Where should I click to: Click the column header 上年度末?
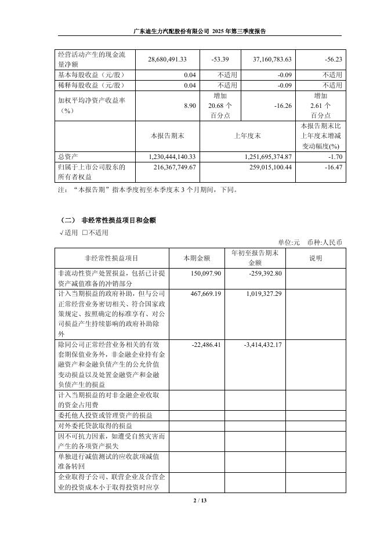click(247, 136)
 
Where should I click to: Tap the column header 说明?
click(315, 258)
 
